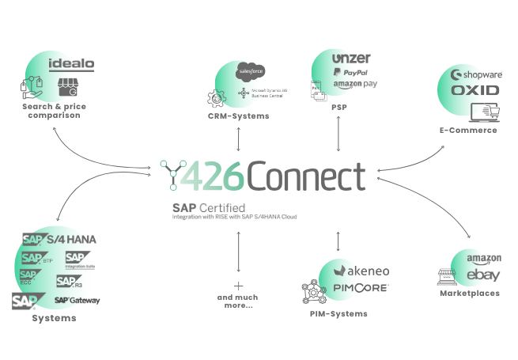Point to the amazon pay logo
coord(352,85)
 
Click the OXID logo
coord(475,90)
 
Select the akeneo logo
coord(361,271)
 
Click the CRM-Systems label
coord(238,116)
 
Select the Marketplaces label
coord(470,294)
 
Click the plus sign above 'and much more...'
coord(237,286)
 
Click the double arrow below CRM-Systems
coord(238,139)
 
